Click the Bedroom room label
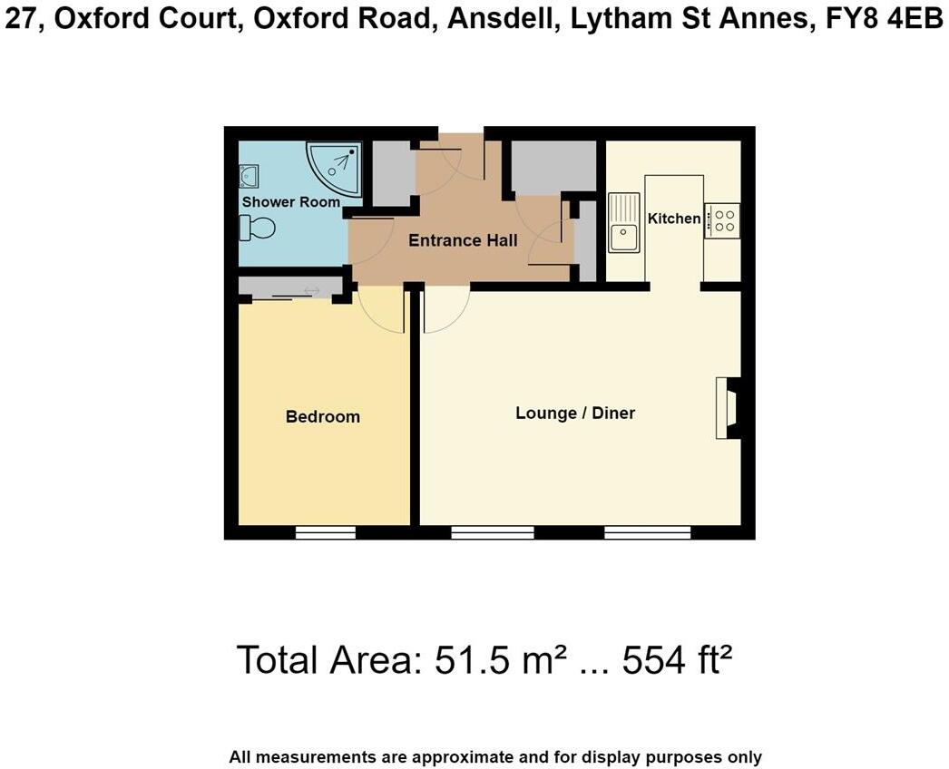[323, 417]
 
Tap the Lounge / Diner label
[575, 414]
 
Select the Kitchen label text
[673, 219]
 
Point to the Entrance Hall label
[463, 240]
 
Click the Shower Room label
[290, 201]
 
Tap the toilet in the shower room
[258, 228]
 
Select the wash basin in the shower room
[249, 174]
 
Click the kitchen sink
[624, 223]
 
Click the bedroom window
[325, 532]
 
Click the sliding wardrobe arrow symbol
[311, 291]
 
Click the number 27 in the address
[23, 19]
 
